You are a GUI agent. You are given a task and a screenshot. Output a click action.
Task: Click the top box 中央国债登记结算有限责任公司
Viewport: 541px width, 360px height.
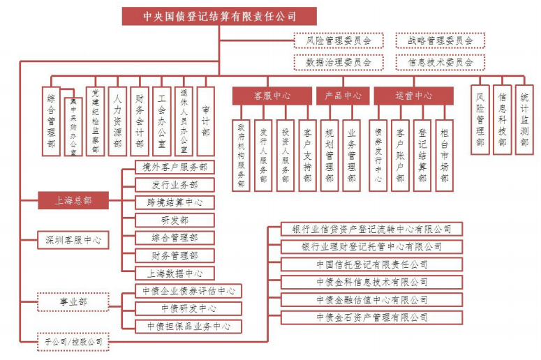point(219,16)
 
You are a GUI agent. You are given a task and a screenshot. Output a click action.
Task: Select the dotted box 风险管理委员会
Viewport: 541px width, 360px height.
point(339,40)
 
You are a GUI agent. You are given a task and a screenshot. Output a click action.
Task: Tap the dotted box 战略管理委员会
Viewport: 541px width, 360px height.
point(440,40)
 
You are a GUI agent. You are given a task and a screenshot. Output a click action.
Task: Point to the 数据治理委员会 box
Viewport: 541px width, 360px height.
point(339,62)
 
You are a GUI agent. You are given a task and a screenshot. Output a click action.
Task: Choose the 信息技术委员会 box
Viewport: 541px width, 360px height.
point(440,62)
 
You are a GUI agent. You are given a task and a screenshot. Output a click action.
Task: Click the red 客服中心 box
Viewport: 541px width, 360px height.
point(272,96)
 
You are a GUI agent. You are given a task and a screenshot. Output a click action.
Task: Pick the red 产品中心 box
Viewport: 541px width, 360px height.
point(343,96)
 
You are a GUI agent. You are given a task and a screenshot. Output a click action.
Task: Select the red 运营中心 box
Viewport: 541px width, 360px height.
point(414,96)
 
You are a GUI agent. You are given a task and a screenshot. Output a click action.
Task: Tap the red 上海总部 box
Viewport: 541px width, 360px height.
point(73,200)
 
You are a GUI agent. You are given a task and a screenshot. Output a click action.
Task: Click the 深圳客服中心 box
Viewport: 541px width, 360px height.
point(73,240)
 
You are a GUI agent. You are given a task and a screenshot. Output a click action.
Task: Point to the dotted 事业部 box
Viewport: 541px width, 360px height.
point(73,302)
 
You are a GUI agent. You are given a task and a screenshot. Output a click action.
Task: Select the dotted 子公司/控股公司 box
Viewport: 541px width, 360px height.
point(73,342)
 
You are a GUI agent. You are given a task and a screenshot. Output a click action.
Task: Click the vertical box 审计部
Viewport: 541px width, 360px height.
point(206,121)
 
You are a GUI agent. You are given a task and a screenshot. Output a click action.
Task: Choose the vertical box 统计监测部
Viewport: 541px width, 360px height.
point(524,119)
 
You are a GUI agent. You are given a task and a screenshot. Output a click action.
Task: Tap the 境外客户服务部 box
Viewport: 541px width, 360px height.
point(175,167)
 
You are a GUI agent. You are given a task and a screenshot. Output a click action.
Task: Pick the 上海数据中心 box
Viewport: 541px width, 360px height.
point(175,273)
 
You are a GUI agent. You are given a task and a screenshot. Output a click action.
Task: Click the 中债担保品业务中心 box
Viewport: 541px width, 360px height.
point(188,327)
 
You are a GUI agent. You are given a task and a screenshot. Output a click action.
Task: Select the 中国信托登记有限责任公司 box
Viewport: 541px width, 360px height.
point(372,264)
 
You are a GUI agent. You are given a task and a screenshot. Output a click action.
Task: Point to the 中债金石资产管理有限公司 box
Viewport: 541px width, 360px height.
point(372,317)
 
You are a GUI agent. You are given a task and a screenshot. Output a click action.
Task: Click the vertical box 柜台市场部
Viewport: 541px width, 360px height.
point(445,156)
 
